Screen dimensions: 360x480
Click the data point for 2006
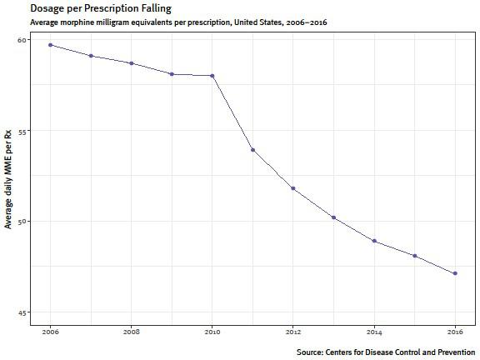click(x=51, y=45)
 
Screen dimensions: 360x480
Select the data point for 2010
click(x=212, y=76)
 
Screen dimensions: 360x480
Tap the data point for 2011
click(x=252, y=150)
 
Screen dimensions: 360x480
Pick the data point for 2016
click(x=455, y=273)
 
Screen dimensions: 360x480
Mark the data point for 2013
click(x=333, y=217)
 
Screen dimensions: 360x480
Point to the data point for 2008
click(x=132, y=63)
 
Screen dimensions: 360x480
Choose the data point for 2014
click(x=374, y=241)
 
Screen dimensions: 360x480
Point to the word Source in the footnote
click(x=312, y=352)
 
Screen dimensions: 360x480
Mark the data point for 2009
click(x=172, y=74)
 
